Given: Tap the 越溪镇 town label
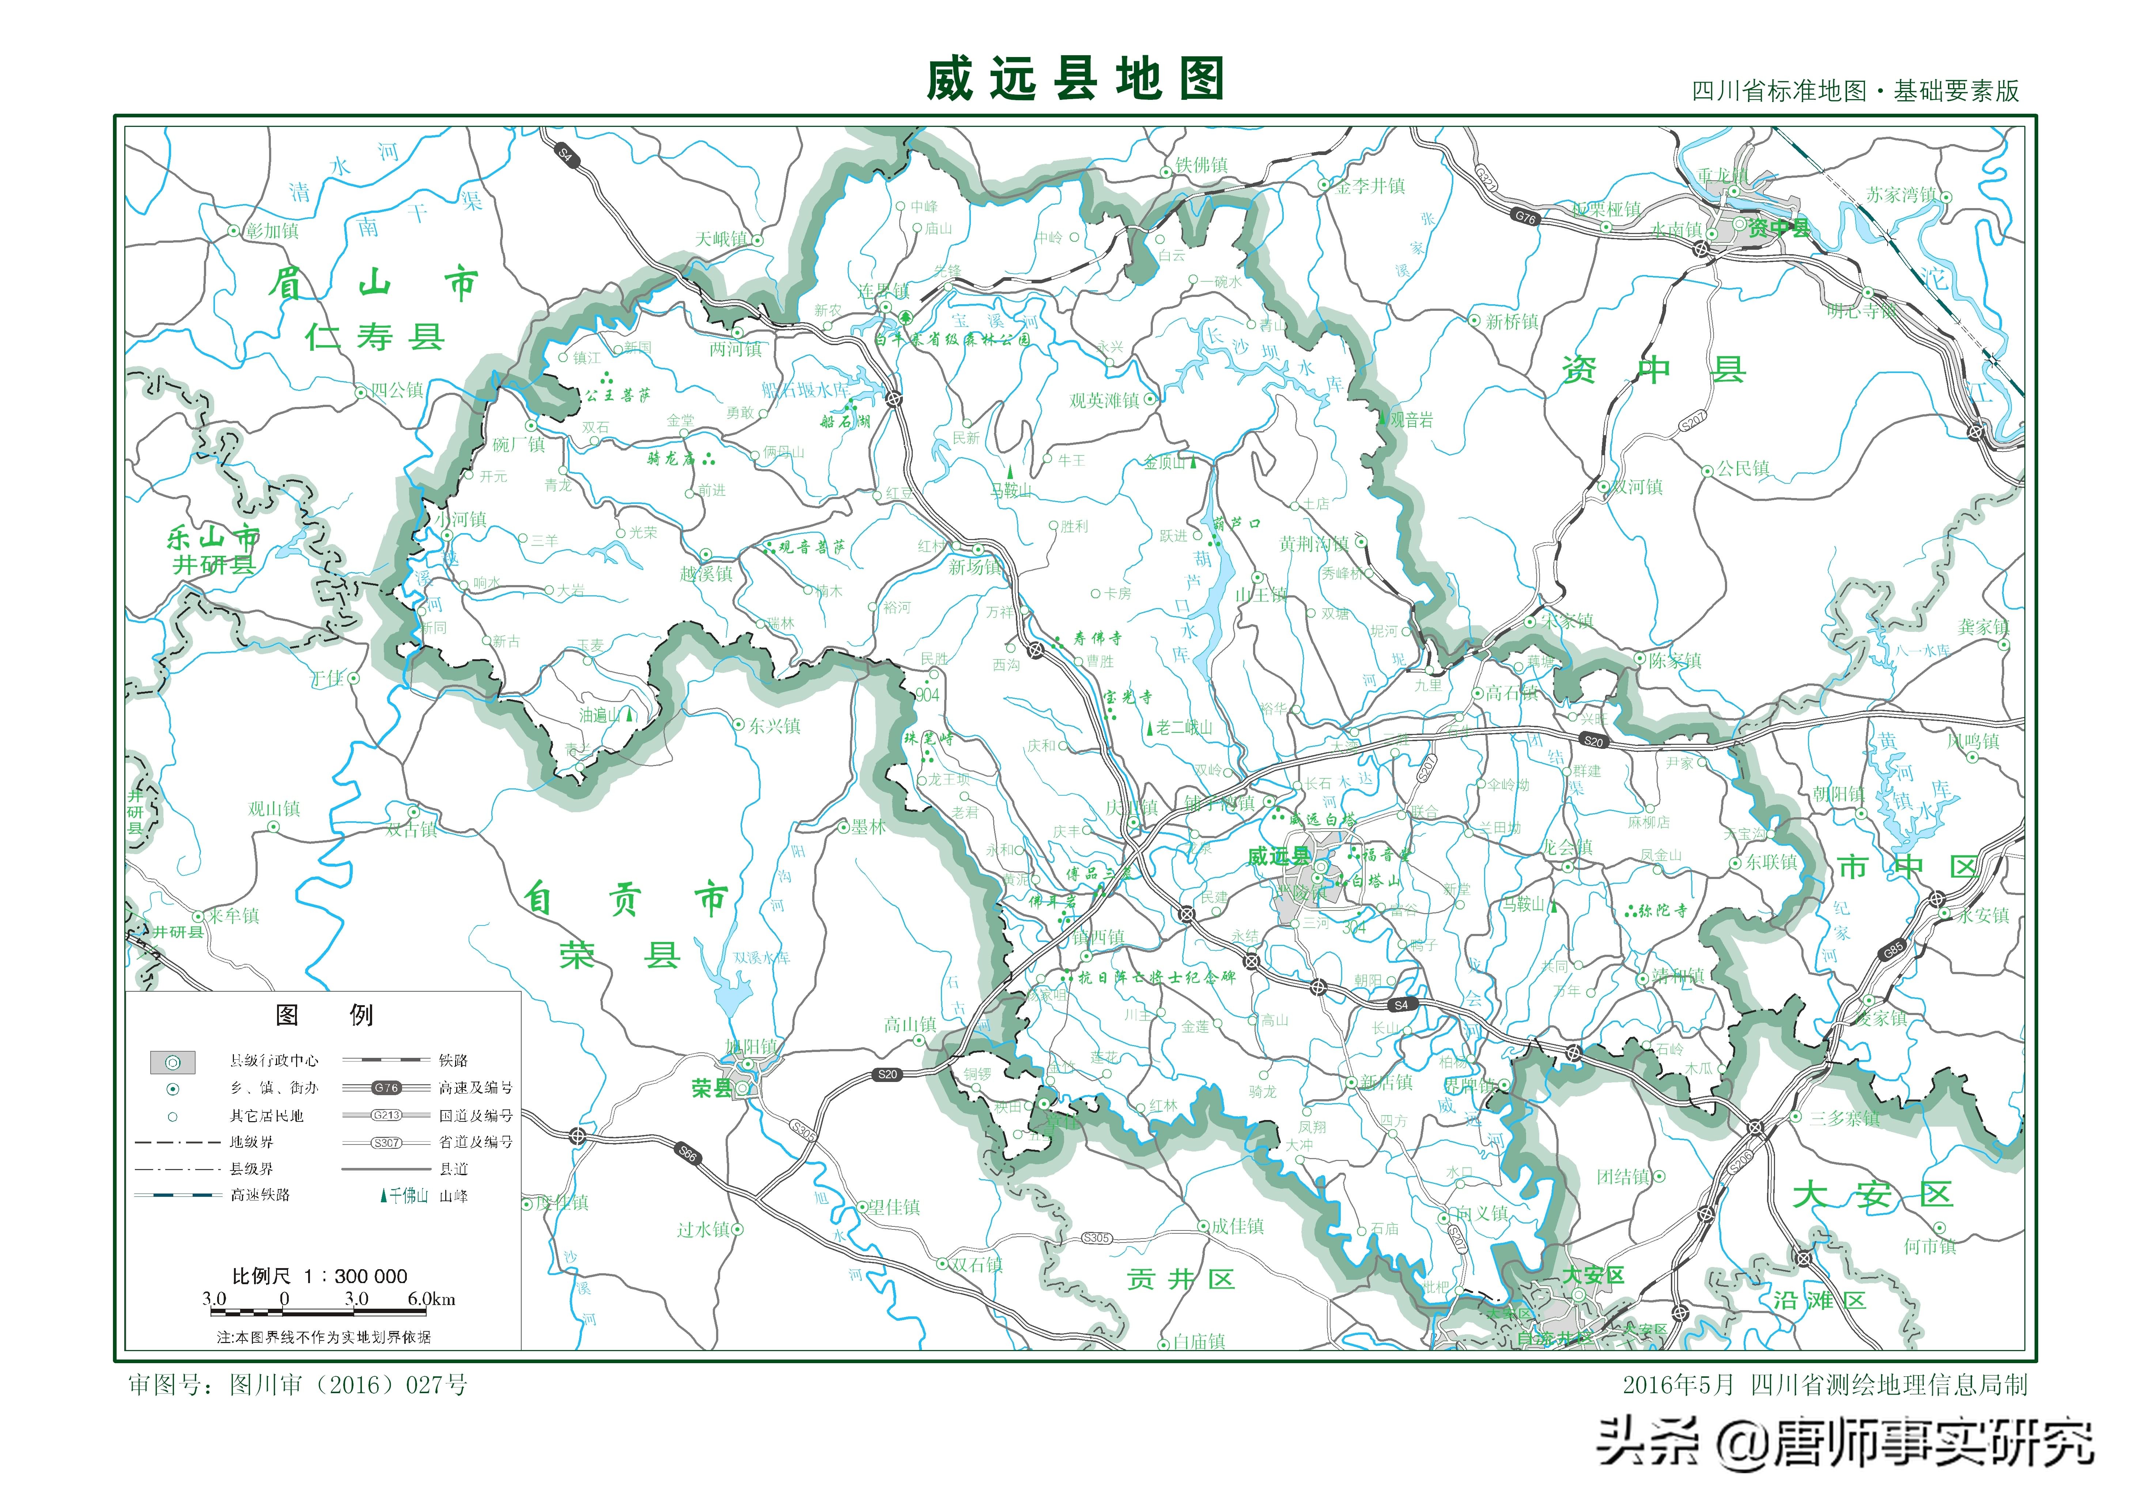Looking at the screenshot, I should coord(706,574).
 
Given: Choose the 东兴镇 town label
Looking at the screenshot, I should coord(774,726).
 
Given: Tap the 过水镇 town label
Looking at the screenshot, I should coord(703,1230).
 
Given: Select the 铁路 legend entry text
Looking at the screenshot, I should coord(454,1060).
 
